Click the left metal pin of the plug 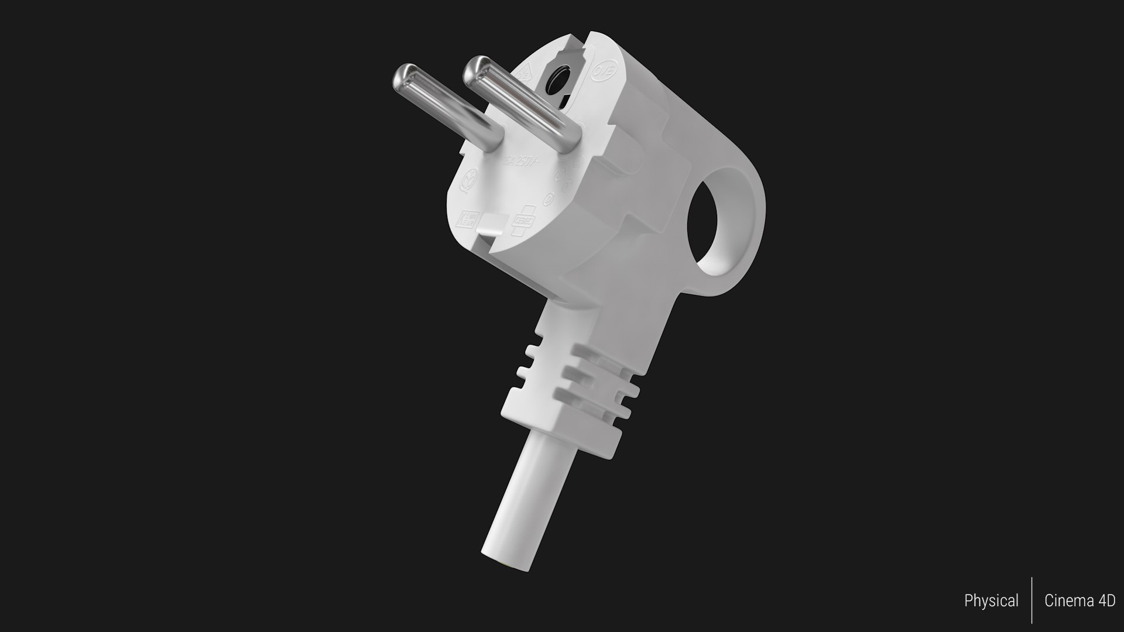click(x=445, y=111)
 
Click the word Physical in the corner click(x=991, y=601)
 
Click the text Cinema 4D click(x=1080, y=601)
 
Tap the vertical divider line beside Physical click(x=1032, y=601)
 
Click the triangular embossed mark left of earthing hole click(x=525, y=74)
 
